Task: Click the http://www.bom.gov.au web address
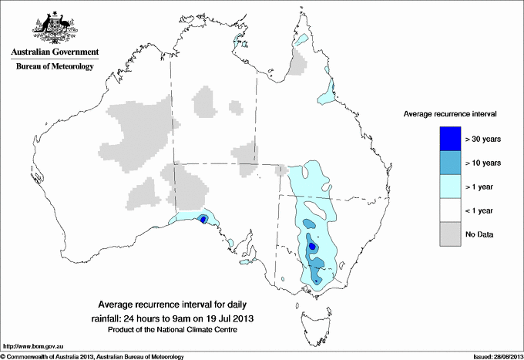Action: [x=32, y=346]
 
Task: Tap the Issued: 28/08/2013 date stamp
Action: [x=493, y=356]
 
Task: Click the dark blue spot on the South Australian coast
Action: [x=203, y=219]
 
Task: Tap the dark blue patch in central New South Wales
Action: [x=312, y=247]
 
